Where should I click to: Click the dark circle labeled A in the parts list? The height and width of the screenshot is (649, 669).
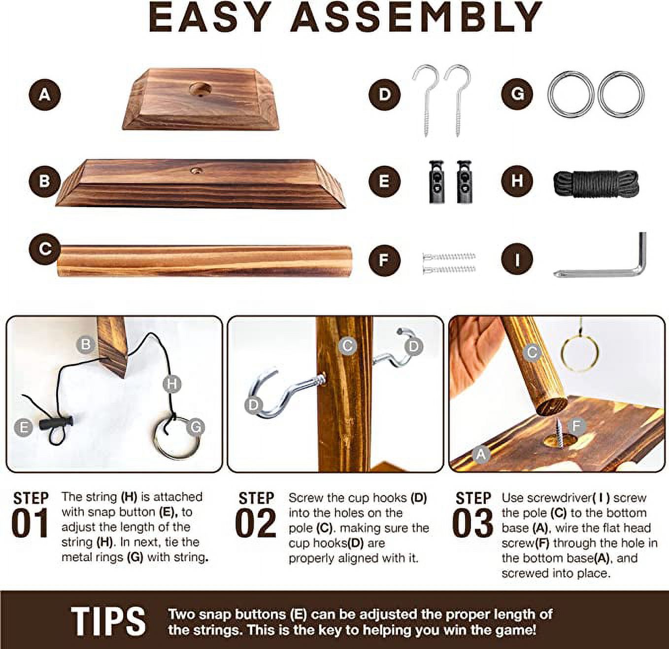pos(45,94)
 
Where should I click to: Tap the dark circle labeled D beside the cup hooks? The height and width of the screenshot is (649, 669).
pos(385,94)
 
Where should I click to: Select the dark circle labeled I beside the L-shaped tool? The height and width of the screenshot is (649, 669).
pos(517,260)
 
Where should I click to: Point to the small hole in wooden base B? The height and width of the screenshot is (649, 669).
pos(196,170)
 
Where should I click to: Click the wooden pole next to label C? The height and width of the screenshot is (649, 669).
pos(205,261)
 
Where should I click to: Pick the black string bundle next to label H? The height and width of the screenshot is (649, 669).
pos(596,184)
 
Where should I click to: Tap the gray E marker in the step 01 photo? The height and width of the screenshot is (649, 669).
pos(24,428)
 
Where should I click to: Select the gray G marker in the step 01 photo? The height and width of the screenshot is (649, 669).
pos(196,428)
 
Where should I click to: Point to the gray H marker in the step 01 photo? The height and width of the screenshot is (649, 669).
pos(172,384)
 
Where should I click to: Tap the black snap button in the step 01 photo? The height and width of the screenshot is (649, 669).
pos(56,422)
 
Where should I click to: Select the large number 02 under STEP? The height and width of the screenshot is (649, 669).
pos(256,523)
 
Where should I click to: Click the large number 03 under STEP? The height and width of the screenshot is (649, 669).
pos(473,523)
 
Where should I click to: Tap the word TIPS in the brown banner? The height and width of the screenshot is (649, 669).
pos(108,621)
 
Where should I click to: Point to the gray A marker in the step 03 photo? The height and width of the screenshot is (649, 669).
pos(481,455)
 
